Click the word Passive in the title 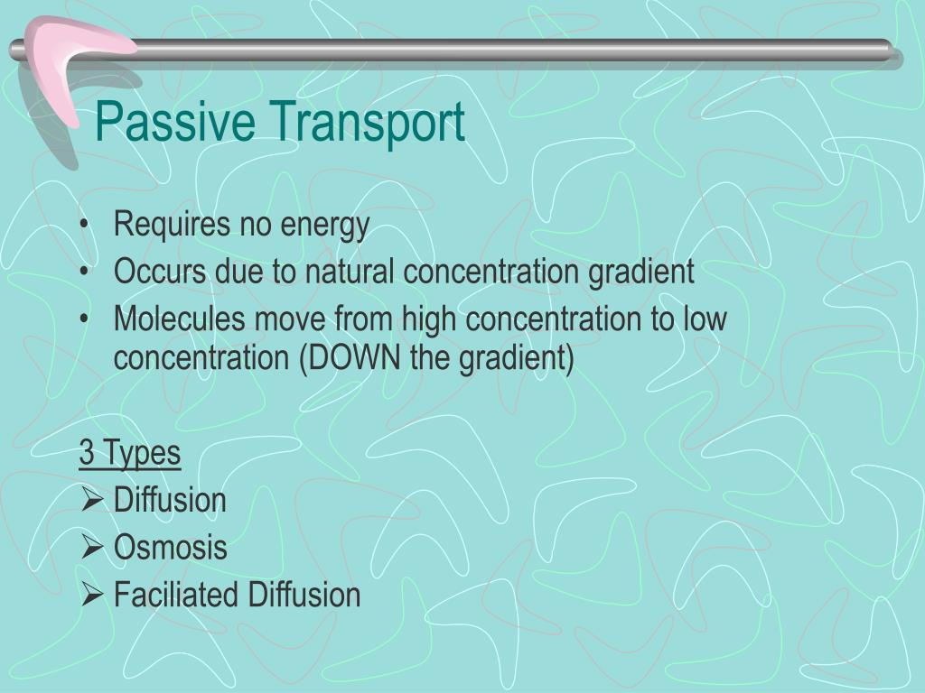pos(175,121)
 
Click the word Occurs pos(160,271)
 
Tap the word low pos(705,319)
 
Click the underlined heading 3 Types pos(130,454)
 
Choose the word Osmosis pos(170,547)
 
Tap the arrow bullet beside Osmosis pos(92,547)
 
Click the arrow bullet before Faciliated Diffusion pos(92,594)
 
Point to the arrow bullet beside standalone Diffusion pos(92,500)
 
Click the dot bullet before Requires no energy pos(85,225)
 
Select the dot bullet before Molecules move pos(85,319)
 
